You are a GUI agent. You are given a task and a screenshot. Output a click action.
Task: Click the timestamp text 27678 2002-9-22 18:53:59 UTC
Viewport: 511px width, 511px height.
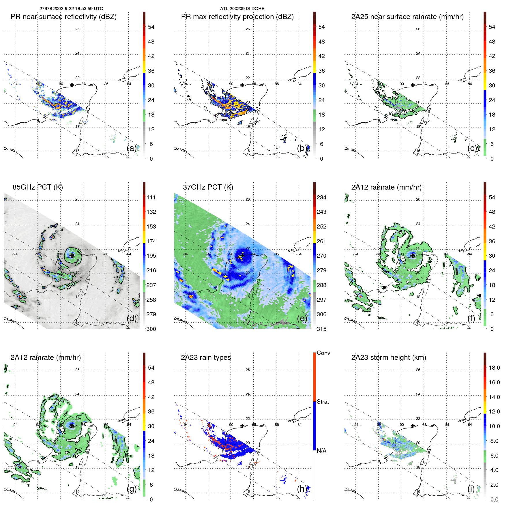point(71,9)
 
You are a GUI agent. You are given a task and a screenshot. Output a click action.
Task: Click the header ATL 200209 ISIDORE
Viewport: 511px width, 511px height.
point(242,9)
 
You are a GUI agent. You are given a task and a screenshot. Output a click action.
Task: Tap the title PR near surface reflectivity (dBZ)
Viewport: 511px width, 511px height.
point(63,17)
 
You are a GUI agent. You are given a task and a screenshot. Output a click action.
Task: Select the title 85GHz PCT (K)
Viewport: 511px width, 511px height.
point(38,187)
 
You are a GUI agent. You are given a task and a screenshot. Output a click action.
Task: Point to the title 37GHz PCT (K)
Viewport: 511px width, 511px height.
point(208,187)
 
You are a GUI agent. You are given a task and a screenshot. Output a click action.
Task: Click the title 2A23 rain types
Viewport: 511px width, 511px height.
point(206,357)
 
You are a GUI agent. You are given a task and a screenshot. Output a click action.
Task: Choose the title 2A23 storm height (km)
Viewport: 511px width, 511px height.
point(388,357)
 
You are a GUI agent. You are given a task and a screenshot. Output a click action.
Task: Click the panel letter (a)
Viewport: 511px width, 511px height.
point(131,148)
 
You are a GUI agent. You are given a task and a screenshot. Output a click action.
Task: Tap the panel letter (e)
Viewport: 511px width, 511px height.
point(302,318)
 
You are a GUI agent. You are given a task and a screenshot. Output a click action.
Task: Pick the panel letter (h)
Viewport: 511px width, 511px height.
point(302,489)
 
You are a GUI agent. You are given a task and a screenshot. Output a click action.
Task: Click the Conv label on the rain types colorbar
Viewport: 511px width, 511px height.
point(323,353)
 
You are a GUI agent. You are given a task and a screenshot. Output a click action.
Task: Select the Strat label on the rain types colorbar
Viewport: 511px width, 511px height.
point(323,402)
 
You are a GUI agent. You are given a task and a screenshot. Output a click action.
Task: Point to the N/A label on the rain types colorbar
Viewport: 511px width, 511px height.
point(321,451)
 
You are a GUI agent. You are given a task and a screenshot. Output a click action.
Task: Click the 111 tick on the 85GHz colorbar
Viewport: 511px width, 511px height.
point(151,197)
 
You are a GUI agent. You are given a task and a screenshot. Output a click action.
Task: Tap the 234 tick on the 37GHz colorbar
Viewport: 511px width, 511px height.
point(321,197)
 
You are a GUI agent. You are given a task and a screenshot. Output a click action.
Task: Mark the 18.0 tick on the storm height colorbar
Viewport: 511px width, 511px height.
point(494,368)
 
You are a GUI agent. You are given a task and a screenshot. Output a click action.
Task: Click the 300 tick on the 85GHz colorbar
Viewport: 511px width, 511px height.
point(151,329)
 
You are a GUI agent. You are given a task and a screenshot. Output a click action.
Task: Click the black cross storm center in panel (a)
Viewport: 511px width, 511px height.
point(72,85)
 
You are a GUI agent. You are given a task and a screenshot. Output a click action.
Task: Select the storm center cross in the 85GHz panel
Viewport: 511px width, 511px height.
point(72,255)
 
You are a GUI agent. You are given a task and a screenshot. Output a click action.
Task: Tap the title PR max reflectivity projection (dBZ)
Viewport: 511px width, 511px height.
point(237,17)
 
